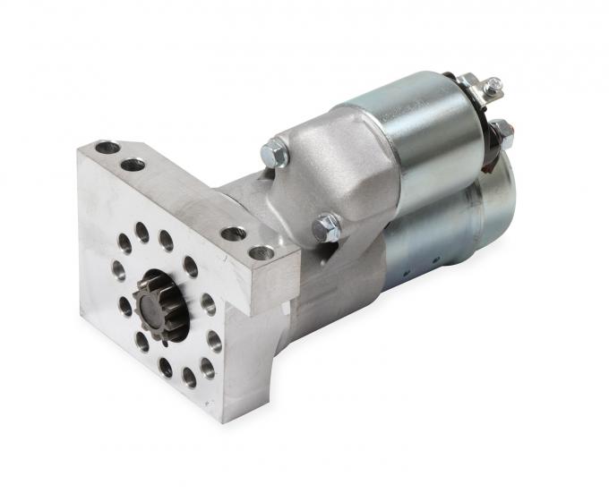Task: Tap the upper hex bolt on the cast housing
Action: (x=275, y=154)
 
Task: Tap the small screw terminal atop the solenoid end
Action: (x=492, y=86)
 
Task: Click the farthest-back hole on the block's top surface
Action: (x=107, y=147)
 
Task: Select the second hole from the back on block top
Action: (x=133, y=164)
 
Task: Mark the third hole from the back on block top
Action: (x=234, y=234)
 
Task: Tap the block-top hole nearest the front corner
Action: (x=262, y=252)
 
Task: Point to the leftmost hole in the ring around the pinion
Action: (x=118, y=268)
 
